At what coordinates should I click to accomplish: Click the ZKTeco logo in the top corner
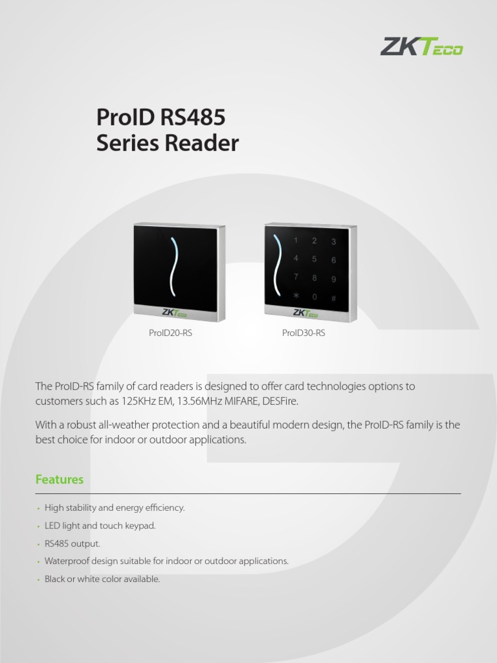point(421,47)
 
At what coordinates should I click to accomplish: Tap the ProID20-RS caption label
point(170,333)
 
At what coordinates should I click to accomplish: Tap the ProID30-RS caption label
point(304,333)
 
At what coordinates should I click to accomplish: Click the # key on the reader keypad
point(334,298)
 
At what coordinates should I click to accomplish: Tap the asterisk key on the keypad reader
point(296,296)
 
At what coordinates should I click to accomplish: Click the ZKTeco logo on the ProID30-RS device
point(305,313)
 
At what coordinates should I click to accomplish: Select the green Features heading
point(60,480)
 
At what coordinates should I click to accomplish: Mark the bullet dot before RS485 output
point(38,545)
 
